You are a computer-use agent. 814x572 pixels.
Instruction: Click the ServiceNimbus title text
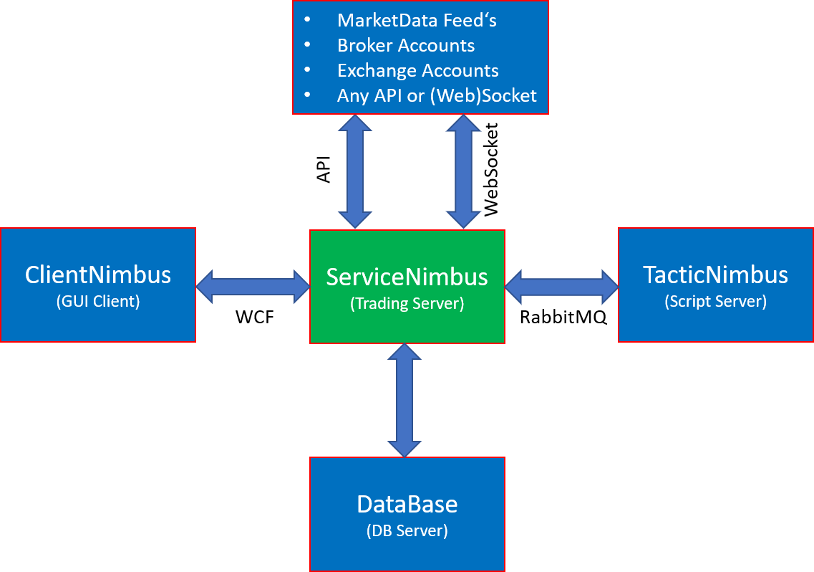point(407,277)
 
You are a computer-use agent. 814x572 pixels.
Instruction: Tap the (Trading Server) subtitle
point(407,304)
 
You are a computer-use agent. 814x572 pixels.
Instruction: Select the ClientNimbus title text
point(98,275)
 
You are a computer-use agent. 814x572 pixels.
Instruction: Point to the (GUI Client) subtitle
point(98,301)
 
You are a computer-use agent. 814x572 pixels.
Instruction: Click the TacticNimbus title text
point(715,275)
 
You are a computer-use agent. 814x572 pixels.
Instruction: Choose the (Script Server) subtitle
point(715,301)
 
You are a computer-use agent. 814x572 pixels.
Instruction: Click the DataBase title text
point(407,504)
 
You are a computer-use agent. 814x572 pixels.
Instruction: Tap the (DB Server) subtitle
point(407,531)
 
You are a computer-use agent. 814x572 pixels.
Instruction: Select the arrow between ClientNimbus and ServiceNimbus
point(252,285)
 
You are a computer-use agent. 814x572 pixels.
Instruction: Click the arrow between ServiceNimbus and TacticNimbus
point(561,285)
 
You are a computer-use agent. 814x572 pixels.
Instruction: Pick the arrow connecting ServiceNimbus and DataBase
point(405,400)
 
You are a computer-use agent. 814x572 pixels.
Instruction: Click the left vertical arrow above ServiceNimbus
point(356,171)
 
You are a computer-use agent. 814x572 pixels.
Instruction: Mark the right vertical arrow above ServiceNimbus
point(463,171)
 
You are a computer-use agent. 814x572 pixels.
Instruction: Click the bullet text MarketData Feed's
point(417,20)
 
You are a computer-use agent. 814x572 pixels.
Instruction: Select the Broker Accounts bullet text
point(406,45)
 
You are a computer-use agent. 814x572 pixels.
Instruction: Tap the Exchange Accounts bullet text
point(418,70)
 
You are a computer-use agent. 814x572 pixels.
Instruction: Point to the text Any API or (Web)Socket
point(437,95)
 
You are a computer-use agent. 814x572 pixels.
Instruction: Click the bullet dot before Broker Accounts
point(308,44)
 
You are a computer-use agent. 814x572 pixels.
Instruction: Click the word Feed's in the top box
point(470,20)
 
